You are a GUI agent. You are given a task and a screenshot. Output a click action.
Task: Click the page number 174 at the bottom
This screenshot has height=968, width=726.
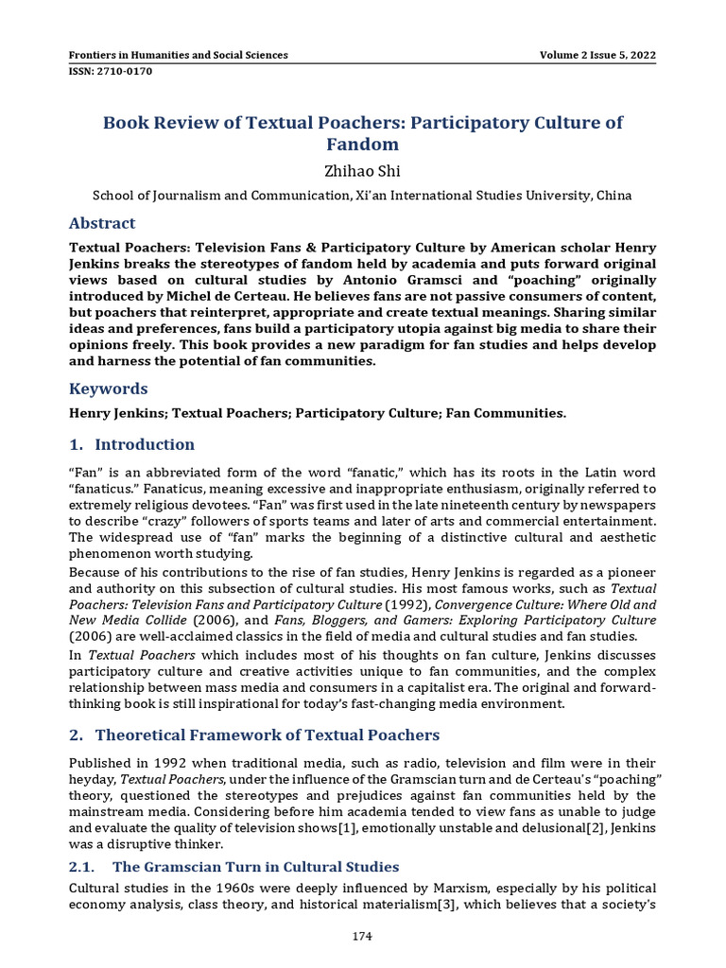click(362, 936)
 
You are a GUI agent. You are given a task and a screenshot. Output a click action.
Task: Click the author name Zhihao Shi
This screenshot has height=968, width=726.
click(362, 171)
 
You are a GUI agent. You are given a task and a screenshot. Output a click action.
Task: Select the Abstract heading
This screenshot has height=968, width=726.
click(102, 223)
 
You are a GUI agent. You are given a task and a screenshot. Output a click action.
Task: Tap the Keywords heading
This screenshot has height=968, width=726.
click(109, 389)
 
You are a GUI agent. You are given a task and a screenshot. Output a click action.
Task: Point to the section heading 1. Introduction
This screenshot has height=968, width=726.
click(132, 444)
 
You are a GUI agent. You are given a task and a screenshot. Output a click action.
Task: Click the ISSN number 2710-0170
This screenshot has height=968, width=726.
click(111, 71)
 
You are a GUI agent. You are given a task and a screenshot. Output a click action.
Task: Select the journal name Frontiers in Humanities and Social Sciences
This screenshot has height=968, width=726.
click(179, 55)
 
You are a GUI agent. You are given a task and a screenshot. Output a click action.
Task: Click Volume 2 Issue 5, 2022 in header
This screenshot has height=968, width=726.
click(596, 55)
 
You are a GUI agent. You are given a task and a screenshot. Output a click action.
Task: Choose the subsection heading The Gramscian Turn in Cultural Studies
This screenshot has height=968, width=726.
click(255, 867)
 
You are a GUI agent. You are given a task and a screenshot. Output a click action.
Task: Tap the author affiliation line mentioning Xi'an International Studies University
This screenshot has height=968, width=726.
click(362, 196)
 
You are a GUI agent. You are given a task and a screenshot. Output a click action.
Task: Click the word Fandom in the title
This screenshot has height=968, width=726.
click(362, 145)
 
